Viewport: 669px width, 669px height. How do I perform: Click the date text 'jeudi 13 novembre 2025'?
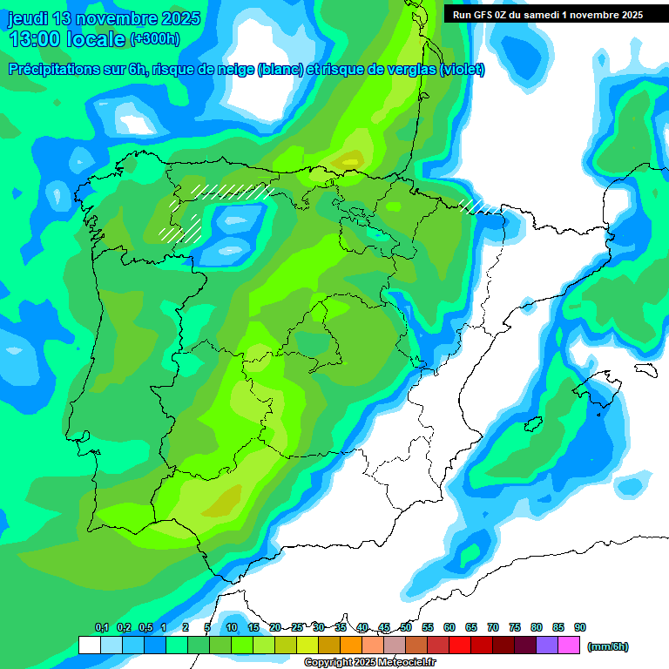[104, 19]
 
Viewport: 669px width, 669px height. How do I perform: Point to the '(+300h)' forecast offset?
[154, 39]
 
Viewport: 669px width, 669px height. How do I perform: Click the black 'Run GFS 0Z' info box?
[548, 14]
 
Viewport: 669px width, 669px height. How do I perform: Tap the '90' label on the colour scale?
[580, 627]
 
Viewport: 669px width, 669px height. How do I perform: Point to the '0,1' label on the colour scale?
[101, 627]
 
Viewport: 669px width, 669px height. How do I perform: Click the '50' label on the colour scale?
[406, 627]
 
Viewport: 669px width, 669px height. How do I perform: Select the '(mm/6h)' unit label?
[608, 646]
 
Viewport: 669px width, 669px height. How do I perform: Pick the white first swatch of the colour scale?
[89, 645]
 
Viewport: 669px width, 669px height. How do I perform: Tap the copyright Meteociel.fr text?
[369, 663]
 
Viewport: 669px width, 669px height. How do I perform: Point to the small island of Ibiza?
[529, 424]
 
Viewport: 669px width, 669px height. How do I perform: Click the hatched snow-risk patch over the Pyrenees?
[480, 206]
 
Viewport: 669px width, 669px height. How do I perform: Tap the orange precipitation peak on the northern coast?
[350, 159]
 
